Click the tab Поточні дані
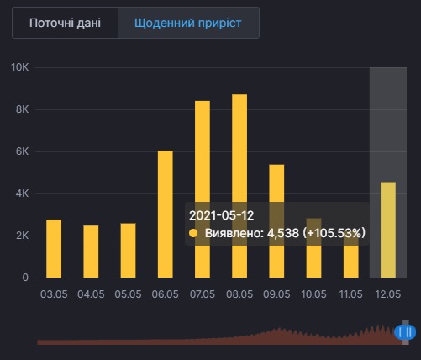tap(65, 23)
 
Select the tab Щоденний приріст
tap(188, 23)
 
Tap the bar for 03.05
tap(54, 248)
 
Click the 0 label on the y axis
tap(25, 278)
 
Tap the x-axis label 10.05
tap(313, 294)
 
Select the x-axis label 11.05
tap(350, 294)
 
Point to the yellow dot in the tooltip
tap(194, 233)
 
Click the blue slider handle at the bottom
tap(404, 333)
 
